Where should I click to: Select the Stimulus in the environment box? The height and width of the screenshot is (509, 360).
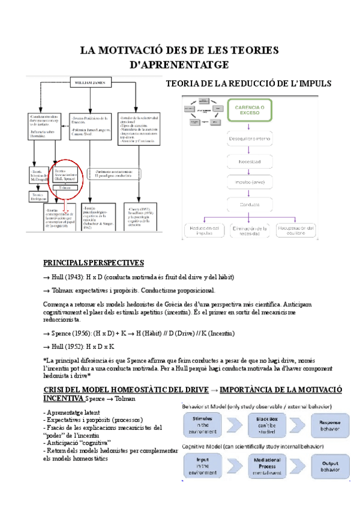[x=206, y=423]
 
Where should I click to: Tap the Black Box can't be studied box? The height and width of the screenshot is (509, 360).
[x=268, y=423]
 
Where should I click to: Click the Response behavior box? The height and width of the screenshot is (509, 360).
[x=329, y=423]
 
